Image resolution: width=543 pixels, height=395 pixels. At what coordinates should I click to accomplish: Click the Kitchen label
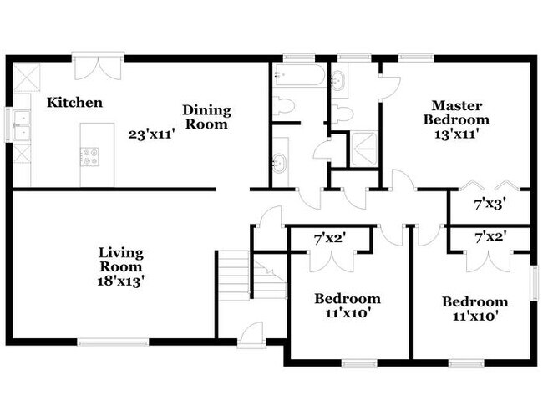point(74,103)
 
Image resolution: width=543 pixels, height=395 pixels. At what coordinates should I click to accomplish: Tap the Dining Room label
point(206,117)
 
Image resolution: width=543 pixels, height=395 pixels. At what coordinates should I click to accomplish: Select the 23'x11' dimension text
point(150,134)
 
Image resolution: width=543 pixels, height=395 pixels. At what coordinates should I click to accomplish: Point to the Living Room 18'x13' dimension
point(120,281)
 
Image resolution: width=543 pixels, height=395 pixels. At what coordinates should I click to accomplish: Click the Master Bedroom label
point(456,113)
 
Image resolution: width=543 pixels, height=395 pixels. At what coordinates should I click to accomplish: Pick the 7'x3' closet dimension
point(488,205)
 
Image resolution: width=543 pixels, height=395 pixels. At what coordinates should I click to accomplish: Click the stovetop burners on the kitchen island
point(89,156)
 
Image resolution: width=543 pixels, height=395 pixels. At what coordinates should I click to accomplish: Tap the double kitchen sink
point(23,125)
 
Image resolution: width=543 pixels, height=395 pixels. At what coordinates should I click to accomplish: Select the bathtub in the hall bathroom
point(299,75)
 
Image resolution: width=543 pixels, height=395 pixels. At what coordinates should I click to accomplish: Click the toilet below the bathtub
point(283,105)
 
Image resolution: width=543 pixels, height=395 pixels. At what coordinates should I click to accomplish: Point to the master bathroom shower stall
point(364,149)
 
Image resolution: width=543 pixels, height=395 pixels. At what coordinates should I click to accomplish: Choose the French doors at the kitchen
point(99,67)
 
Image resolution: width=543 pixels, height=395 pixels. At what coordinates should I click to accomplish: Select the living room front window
point(113,342)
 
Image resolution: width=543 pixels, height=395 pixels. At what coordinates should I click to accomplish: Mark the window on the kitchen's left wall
point(8,124)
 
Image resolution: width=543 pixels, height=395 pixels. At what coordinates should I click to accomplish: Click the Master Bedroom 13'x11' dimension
point(456,134)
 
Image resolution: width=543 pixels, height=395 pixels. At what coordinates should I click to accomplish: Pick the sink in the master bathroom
point(337,81)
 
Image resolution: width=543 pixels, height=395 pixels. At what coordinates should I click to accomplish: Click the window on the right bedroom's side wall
point(535,283)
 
